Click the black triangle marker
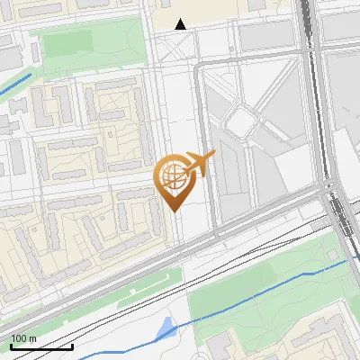(181, 24)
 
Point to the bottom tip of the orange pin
(174, 210)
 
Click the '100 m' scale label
(23, 338)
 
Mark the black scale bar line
(41, 346)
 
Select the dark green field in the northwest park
(67, 43)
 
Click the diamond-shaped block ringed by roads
(242, 119)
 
